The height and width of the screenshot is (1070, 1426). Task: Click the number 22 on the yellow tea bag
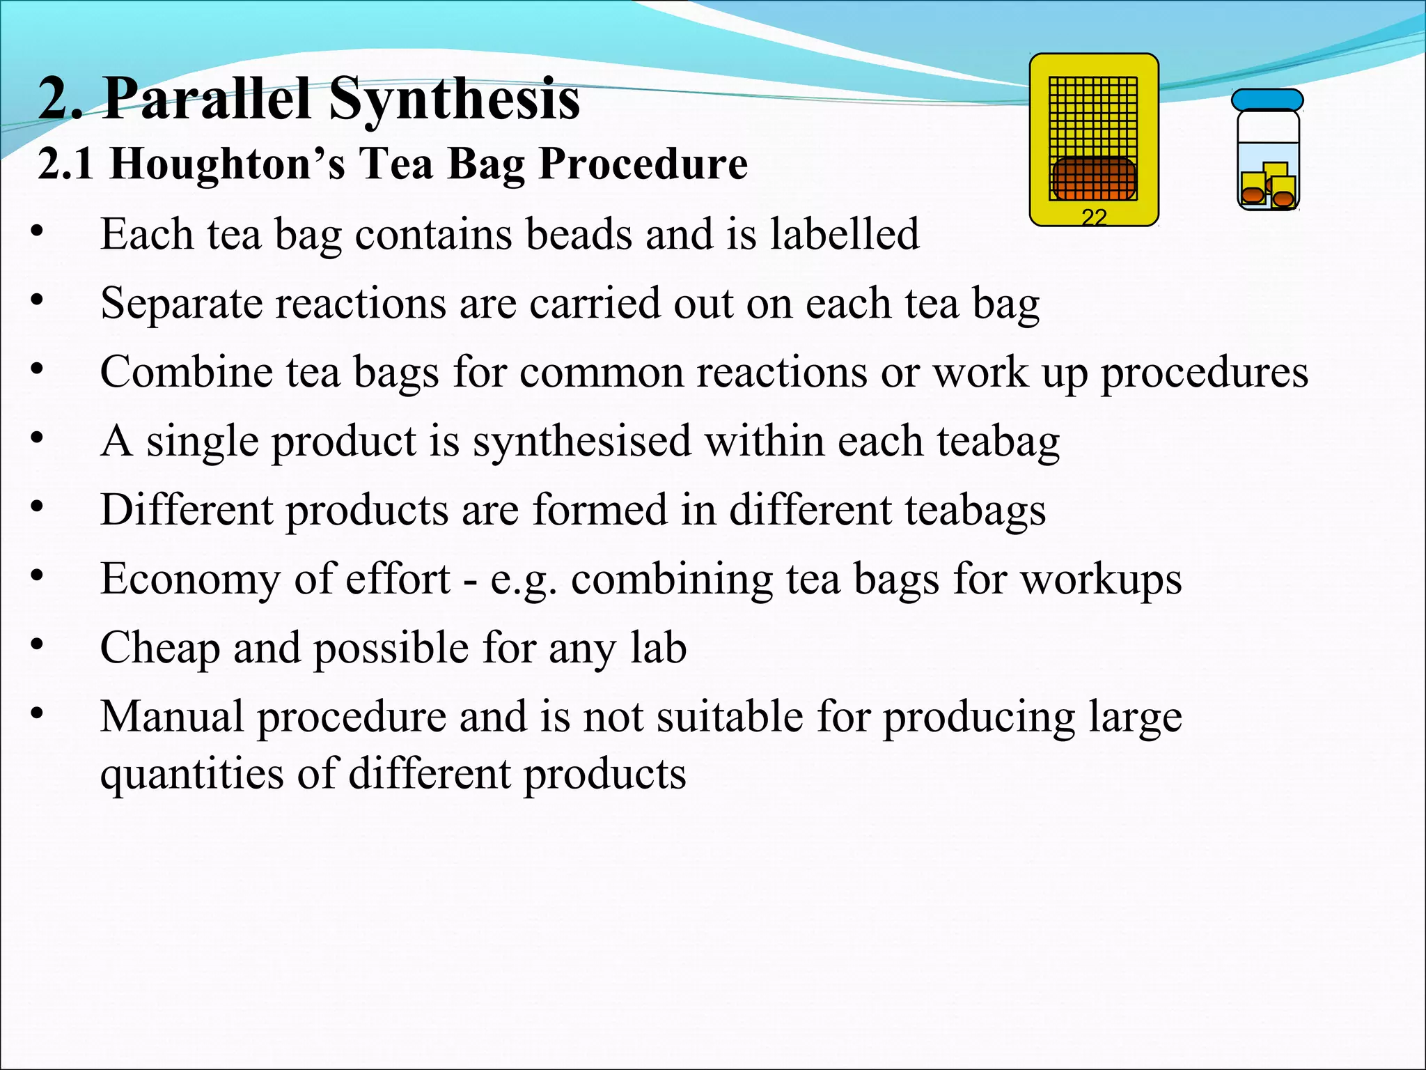pyautogui.click(x=1094, y=217)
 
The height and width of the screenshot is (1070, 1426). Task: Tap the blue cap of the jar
pyautogui.click(x=1267, y=100)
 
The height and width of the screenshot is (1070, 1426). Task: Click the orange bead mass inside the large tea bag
pyautogui.click(x=1093, y=178)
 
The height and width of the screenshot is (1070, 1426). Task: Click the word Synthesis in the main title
pyautogui.click(x=454, y=99)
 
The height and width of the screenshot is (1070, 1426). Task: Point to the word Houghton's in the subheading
pyautogui.click(x=227, y=164)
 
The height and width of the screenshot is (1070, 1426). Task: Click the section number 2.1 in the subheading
pyautogui.click(x=66, y=164)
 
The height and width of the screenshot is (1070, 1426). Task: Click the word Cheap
pyautogui.click(x=160, y=648)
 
